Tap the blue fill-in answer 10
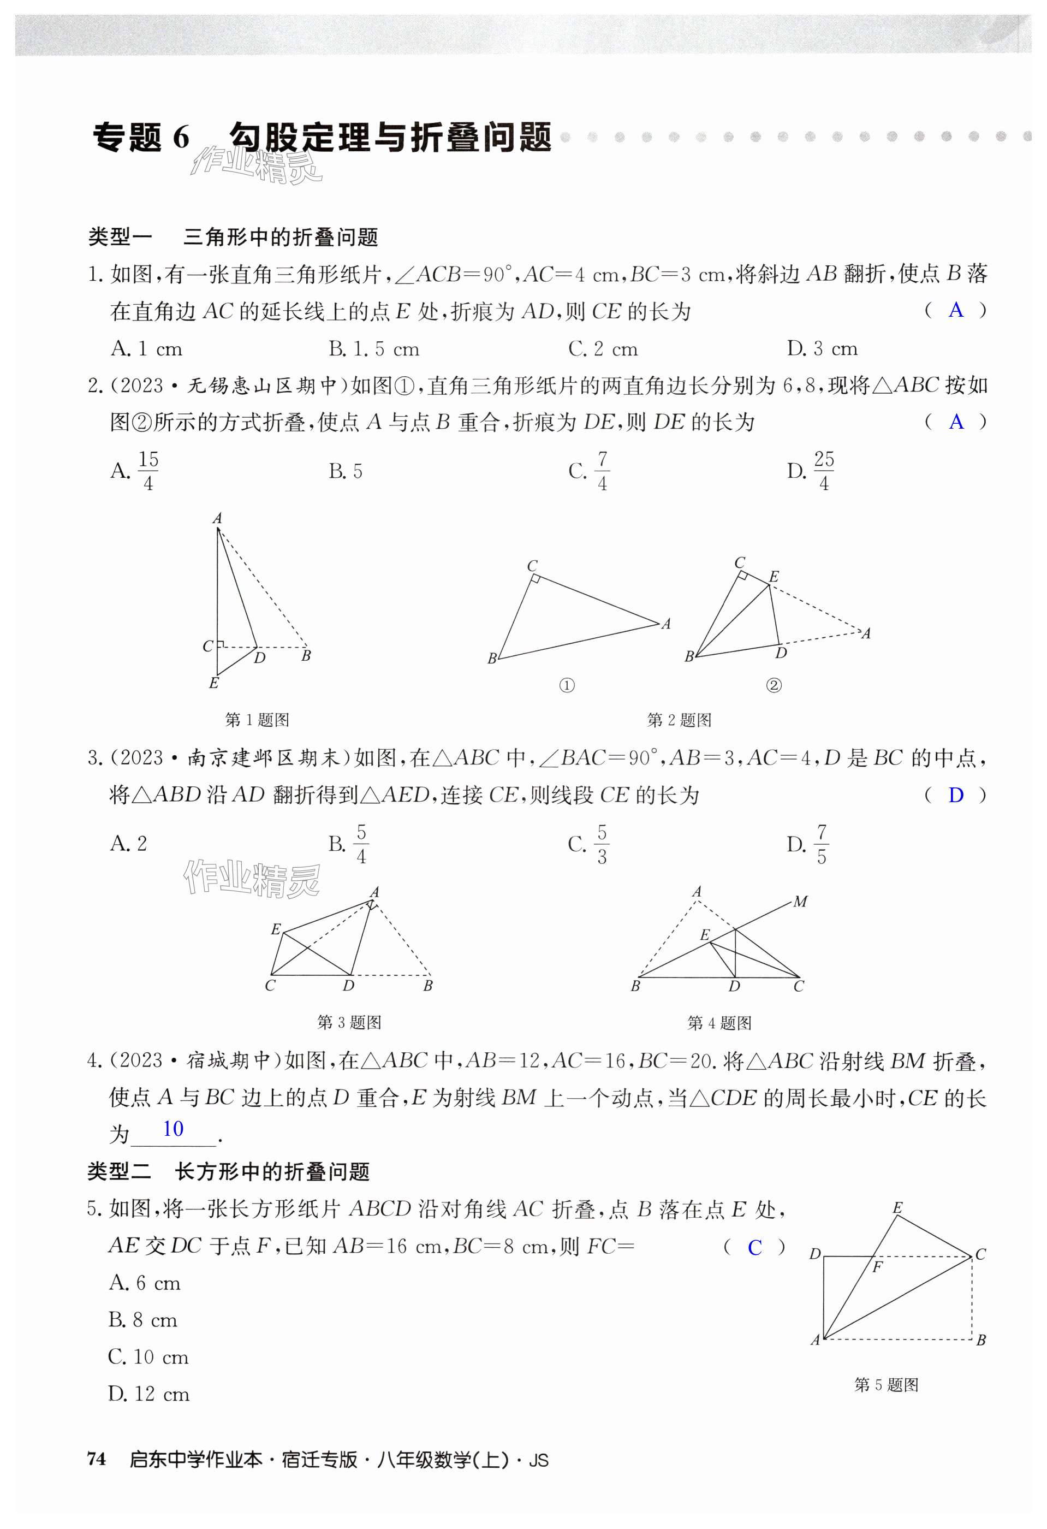[173, 1128]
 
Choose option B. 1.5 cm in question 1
[373, 349]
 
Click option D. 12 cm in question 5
[148, 1394]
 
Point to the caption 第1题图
[257, 720]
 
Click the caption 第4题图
[719, 1023]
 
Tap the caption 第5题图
[886, 1385]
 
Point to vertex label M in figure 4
[800, 902]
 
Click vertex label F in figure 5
[877, 1266]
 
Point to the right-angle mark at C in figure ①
[536, 579]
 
